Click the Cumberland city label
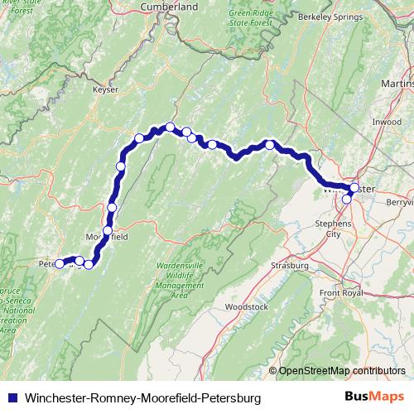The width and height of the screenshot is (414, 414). coord(171,6)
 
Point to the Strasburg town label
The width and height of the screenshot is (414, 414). coord(290,265)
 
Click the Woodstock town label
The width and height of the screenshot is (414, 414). coord(246,306)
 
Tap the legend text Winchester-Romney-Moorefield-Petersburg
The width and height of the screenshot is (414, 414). coord(143,398)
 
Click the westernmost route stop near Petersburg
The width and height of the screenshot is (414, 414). coord(60,264)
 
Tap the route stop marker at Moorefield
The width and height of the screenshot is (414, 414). coord(108,230)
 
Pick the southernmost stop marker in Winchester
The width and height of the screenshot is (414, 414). coord(347,199)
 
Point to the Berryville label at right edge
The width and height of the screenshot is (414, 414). coord(400,201)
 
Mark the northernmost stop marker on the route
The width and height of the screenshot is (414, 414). coord(170,127)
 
